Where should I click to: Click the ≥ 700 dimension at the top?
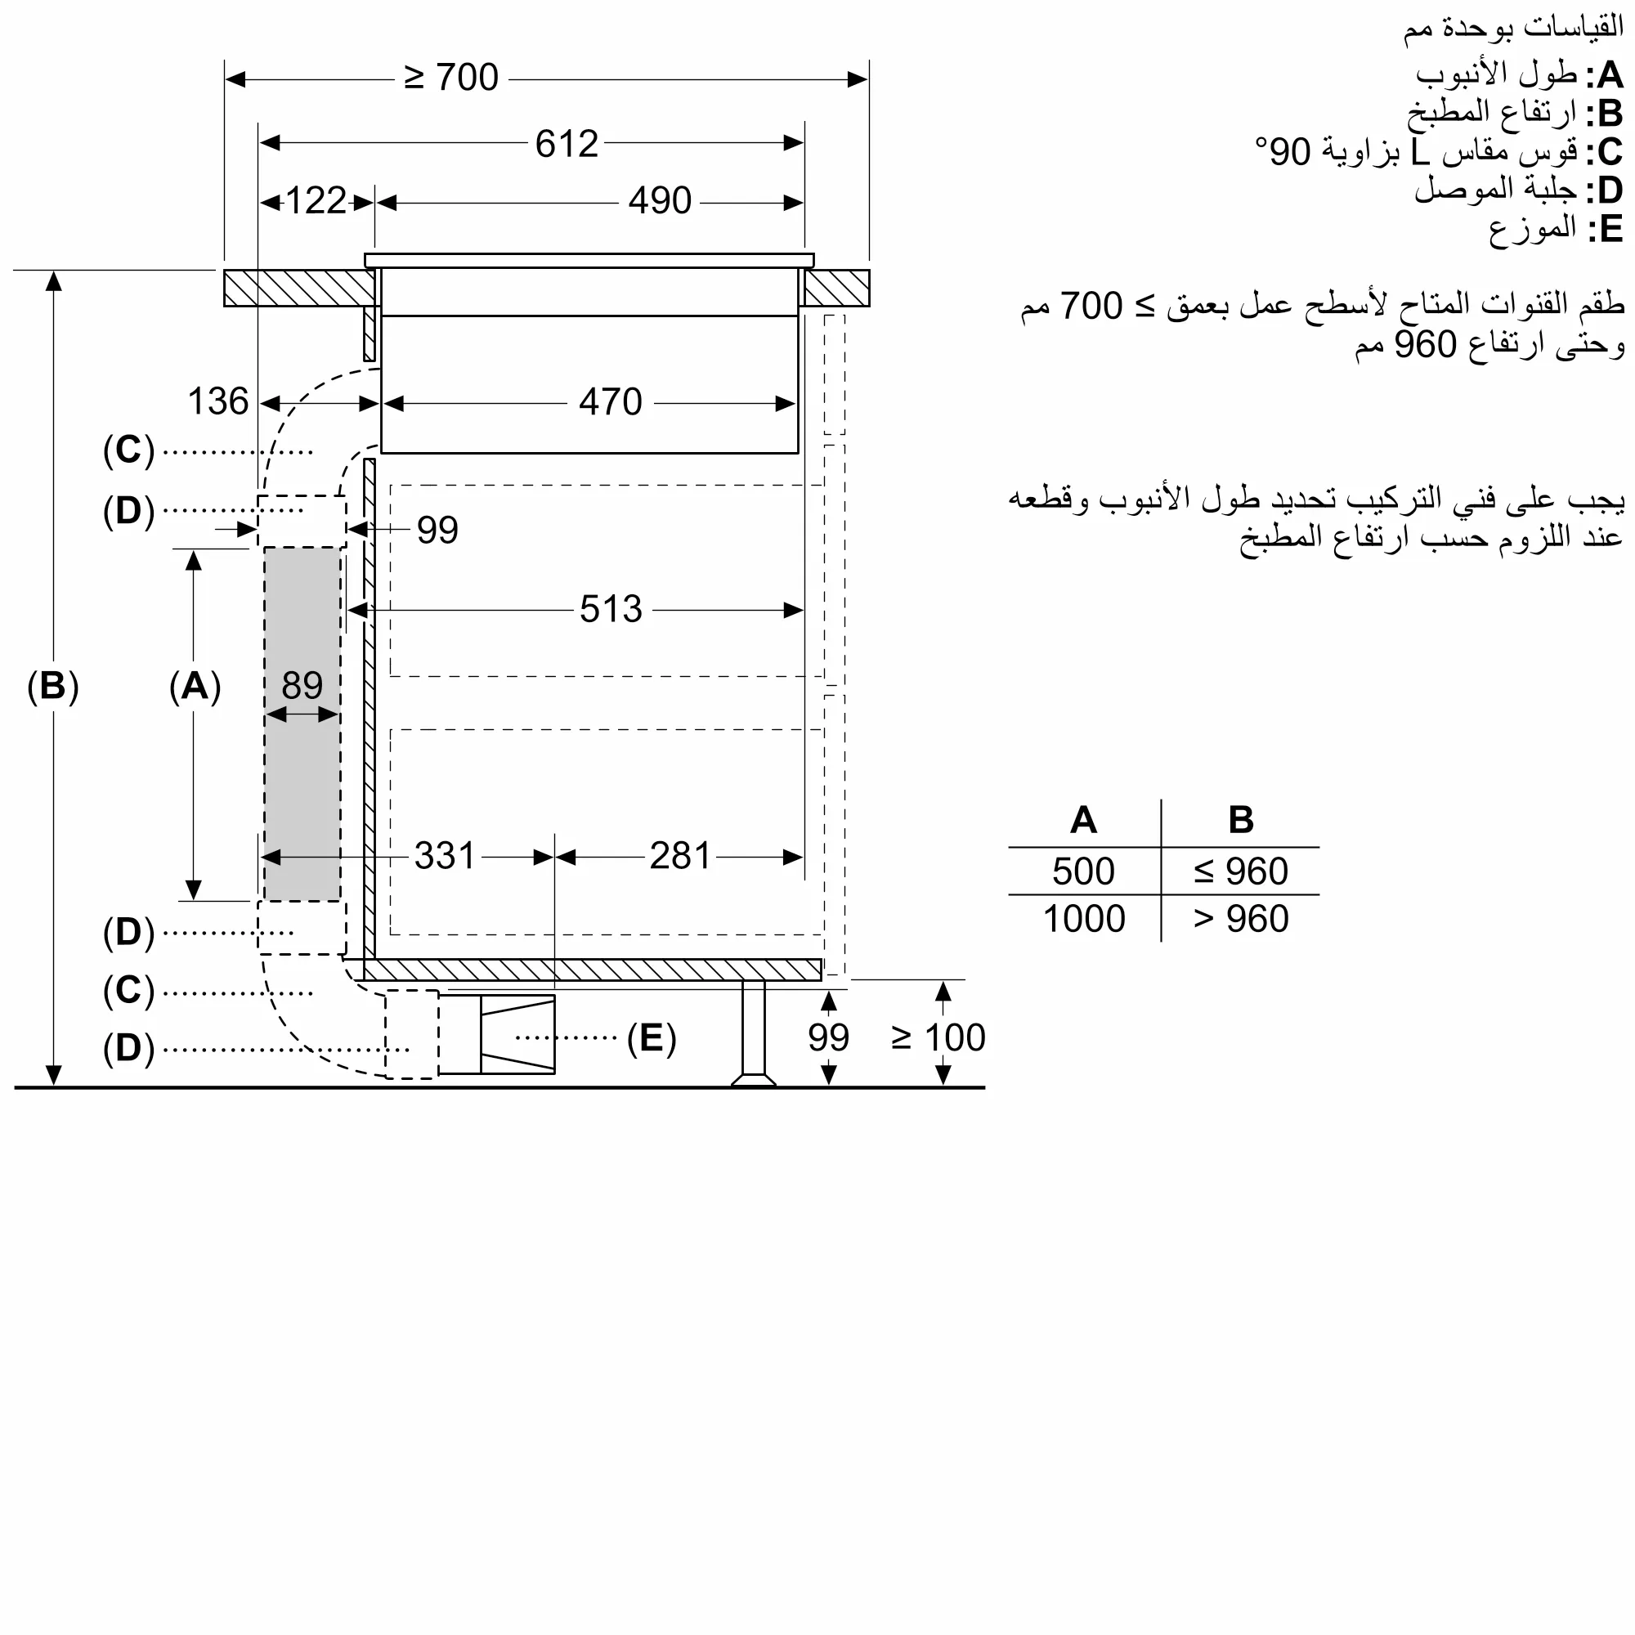click(x=451, y=78)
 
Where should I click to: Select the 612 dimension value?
click(x=567, y=144)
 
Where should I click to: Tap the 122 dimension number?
click(x=316, y=201)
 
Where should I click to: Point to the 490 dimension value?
click(x=659, y=201)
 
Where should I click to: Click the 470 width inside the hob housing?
click(x=610, y=402)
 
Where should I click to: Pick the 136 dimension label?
click(x=217, y=402)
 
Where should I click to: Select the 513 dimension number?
click(x=610, y=609)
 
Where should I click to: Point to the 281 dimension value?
click(x=679, y=857)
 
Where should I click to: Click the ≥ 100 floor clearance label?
click(x=938, y=1038)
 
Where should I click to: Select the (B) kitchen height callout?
click(x=52, y=687)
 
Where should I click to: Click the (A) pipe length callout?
click(x=195, y=687)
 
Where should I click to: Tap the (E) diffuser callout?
click(x=651, y=1038)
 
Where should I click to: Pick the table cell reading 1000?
click(x=1084, y=919)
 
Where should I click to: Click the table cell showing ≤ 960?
click(x=1241, y=871)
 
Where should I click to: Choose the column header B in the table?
click(x=1241, y=820)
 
